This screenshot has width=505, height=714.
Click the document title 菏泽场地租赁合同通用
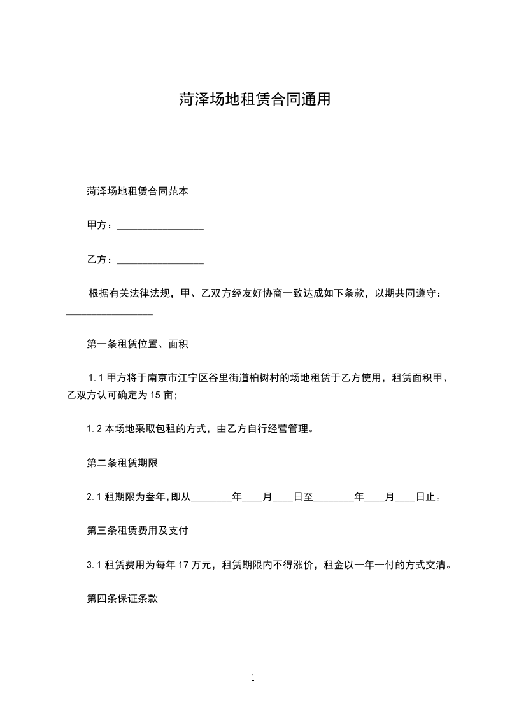(x=253, y=99)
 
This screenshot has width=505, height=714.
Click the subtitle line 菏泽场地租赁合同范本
(x=137, y=190)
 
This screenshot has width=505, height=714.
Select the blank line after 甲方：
(x=160, y=226)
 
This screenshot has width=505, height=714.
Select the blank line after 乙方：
(x=160, y=260)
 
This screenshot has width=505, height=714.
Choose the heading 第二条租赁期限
(x=122, y=463)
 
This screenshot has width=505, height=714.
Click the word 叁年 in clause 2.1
(x=152, y=497)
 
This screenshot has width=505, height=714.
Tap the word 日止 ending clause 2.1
(x=426, y=497)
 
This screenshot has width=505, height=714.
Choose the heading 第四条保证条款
(x=122, y=598)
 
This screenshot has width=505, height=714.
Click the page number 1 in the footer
(x=253, y=678)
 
